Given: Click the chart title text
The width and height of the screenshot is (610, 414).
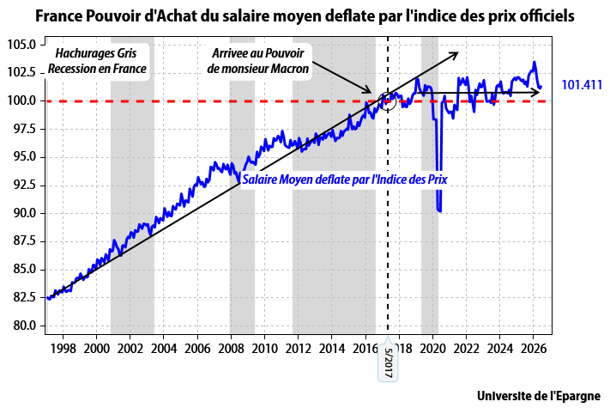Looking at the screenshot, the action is [x=305, y=16].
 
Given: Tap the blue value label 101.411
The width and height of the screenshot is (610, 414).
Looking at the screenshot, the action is [x=582, y=84].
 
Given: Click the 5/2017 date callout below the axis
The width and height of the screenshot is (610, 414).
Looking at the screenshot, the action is [x=388, y=362].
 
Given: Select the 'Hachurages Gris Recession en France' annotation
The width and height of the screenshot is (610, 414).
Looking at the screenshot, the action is [x=96, y=61].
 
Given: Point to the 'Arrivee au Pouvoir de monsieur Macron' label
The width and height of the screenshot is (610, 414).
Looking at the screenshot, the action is [x=258, y=61].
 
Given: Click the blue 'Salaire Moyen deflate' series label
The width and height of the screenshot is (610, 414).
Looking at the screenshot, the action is [x=345, y=180].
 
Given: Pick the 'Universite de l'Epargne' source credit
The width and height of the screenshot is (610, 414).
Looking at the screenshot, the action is [x=539, y=396].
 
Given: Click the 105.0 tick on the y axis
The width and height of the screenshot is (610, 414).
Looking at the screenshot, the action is [x=21, y=45].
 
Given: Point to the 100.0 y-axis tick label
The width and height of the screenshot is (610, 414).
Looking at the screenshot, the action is [x=21, y=100].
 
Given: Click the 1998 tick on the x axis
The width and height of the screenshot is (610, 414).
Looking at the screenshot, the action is [x=63, y=348].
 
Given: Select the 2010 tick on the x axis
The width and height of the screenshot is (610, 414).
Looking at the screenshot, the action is [x=264, y=348].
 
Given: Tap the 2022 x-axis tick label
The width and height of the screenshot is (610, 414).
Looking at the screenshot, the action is [x=466, y=348].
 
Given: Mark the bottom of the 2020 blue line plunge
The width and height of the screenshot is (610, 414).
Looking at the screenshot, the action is [x=440, y=211].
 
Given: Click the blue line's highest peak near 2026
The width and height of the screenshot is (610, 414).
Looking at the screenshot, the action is [x=535, y=62].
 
